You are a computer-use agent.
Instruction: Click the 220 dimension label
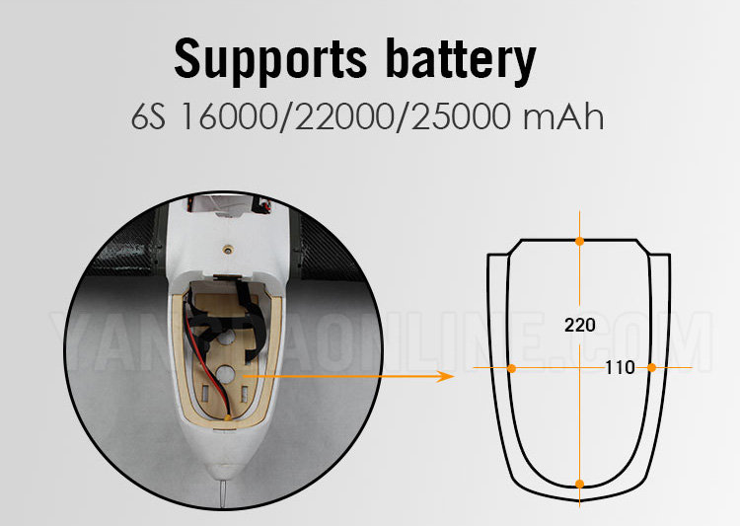point(579,325)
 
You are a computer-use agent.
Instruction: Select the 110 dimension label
point(620,368)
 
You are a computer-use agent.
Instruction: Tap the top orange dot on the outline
point(579,240)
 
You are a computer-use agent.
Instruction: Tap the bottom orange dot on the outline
point(579,484)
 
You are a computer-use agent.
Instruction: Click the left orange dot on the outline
point(511,368)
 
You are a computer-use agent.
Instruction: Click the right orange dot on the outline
point(652,368)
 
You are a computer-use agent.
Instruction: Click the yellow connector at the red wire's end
point(229,418)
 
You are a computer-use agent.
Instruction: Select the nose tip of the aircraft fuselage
point(226,464)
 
